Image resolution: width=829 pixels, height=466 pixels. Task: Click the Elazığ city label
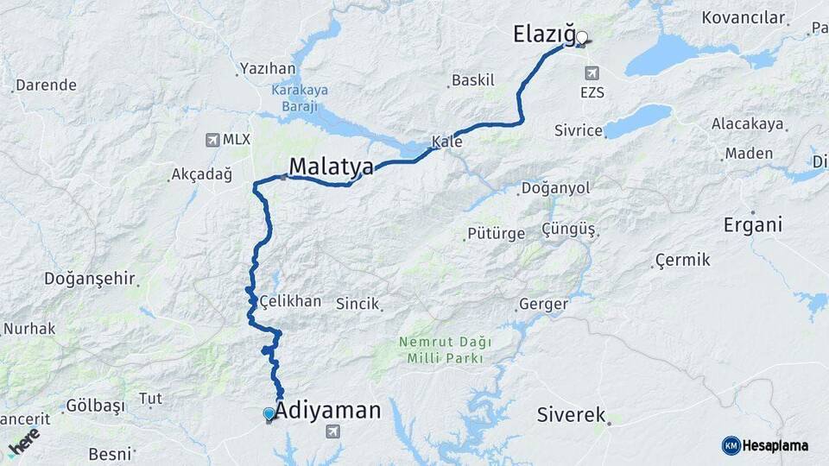(543, 35)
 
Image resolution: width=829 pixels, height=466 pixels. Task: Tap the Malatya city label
(331, 166)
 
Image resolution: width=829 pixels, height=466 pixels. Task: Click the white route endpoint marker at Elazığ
(582, 37)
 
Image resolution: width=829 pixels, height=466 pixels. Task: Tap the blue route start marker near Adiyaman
(269, 414)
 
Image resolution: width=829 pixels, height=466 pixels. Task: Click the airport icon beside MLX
(212, 139)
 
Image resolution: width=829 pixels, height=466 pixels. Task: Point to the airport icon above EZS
(592, 72)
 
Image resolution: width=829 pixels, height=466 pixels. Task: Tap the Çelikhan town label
(290, 301)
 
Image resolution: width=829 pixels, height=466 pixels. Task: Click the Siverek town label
(571, 414)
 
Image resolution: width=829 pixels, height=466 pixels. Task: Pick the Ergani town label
(753, 225)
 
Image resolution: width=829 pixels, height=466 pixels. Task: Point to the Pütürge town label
(496, 233)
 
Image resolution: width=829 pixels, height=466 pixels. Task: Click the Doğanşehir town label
(90, 279)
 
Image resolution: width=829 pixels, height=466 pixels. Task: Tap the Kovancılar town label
(743, 17)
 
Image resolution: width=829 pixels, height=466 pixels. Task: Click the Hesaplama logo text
(775, 445)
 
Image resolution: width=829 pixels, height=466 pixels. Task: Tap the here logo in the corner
(23, 441)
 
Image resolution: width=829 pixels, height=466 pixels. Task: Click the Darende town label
(46, 85)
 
